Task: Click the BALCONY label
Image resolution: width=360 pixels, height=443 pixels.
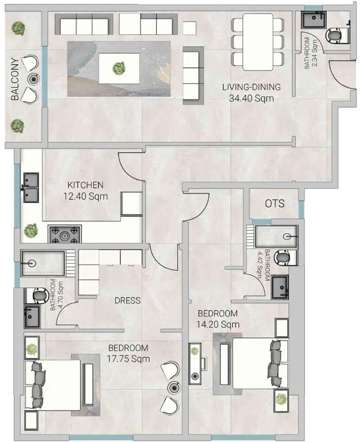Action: pos(16,79)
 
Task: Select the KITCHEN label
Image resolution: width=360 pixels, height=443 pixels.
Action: pos(85,185)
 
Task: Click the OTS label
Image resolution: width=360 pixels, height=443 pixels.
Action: pos(275,203)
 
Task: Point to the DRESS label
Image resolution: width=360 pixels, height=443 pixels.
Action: pos(128,300)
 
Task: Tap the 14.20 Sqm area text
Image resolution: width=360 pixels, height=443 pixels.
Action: pos(218,324)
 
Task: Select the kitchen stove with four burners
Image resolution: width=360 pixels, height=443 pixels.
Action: pos(65,234)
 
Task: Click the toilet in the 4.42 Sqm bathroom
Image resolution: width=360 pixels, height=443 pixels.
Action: pos(283,258)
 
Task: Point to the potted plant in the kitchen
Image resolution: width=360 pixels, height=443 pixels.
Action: pos(31,230)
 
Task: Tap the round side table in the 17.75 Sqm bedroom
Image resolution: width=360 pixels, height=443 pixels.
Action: pos(173,388)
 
